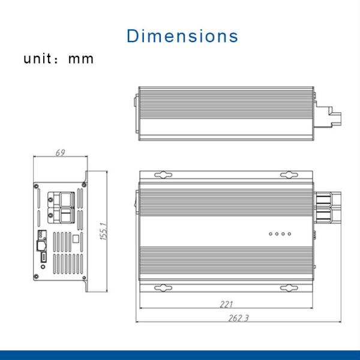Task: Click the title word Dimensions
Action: pos(182,35)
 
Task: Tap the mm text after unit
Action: pos(81,59)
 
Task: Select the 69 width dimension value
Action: pos(60,152)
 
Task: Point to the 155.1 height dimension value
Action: pos(103,232)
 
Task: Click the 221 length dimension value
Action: pos(227,305)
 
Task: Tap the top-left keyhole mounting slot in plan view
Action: pos(163,175)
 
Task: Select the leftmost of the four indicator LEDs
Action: pos(271,234)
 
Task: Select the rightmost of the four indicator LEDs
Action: pos(289,234)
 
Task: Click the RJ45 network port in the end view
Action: pos(41,245)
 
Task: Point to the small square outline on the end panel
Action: pos(74,238)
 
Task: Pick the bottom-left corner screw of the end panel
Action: pos(37,276)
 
